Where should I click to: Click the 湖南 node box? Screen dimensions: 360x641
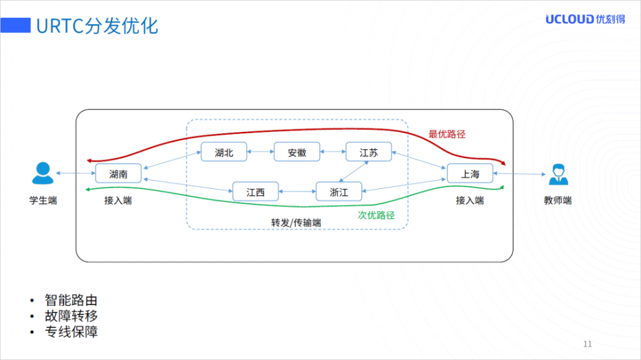point(118,174)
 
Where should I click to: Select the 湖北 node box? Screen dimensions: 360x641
point(224,152)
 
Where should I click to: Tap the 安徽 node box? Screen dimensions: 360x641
point(297,152)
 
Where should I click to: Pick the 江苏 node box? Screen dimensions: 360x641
point(369,152)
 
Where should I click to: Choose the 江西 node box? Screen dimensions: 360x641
point(256,192)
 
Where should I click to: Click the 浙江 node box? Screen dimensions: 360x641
point(339,192)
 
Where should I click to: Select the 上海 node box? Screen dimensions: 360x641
point(470,174)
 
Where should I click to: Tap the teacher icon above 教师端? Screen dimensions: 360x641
point(557,173)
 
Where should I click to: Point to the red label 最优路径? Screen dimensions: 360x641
point(447,135)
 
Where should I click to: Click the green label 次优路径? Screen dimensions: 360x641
point(376,215)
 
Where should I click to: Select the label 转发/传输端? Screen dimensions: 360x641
point(296,222)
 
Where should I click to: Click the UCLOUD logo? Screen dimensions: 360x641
point(585,19)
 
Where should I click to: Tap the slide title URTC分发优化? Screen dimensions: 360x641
point(97,26)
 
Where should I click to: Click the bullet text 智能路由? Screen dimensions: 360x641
point(71,300)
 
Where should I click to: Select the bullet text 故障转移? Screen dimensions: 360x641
point(71,316)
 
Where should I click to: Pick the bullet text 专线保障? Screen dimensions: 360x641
point(71,332)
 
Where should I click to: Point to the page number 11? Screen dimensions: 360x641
point(588,345)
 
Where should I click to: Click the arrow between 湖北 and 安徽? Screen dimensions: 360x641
point(260,152)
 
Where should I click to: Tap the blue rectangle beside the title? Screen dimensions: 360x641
point(16,26)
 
